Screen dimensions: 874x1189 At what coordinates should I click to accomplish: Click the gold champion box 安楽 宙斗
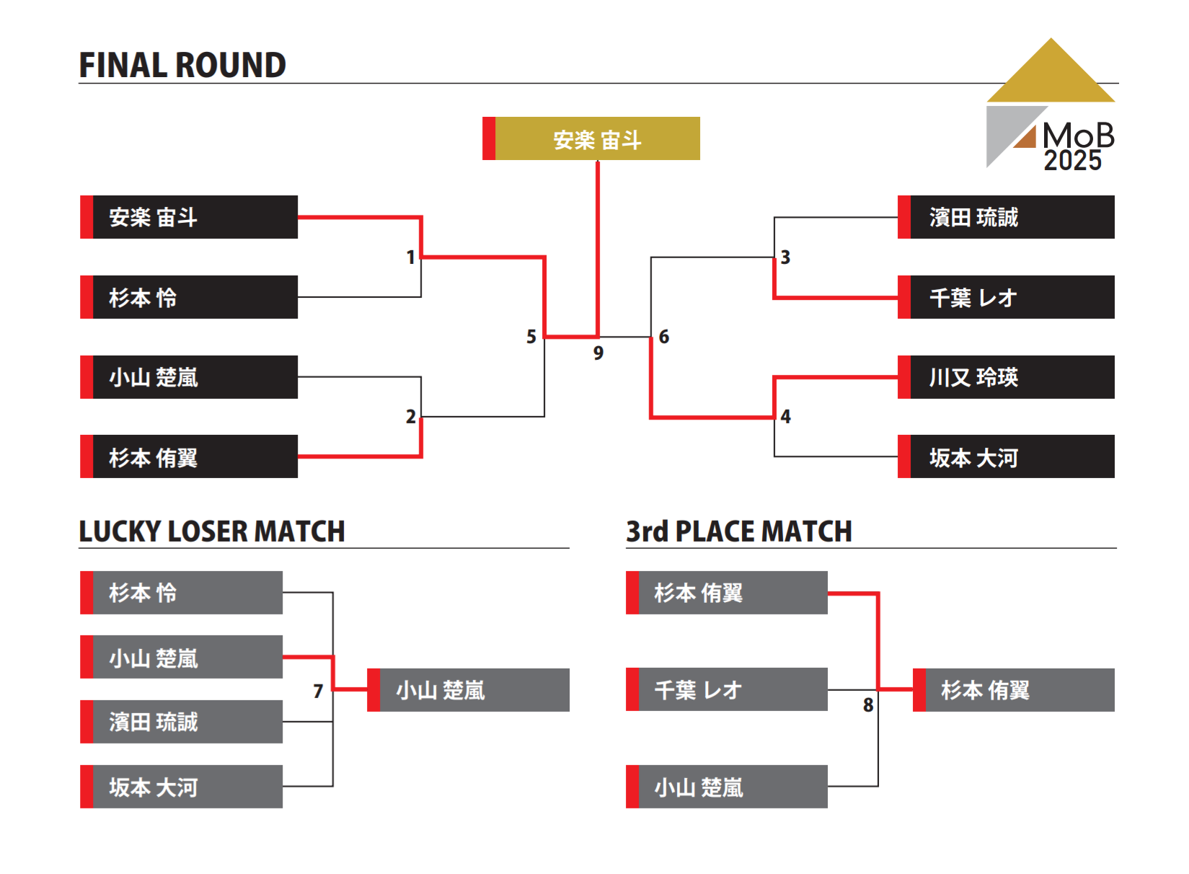591,138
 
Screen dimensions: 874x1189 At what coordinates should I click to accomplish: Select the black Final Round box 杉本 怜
189,297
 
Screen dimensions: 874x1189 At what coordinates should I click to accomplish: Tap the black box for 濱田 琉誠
1006,217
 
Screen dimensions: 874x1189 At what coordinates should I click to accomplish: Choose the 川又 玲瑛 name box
1006,377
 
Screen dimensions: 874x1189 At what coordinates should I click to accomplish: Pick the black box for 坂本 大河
1006,456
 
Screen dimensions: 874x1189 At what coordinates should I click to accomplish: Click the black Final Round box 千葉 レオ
1006,297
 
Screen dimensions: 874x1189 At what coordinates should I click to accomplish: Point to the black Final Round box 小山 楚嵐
189,377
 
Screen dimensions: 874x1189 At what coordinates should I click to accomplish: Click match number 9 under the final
598,353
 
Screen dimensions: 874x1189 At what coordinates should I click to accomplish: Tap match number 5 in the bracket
531,337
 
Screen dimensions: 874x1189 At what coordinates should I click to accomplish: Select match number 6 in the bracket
664,337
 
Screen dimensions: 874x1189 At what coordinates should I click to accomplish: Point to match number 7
318,692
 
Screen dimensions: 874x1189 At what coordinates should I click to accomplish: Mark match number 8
868,705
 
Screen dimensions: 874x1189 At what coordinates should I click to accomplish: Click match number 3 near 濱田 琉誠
785,257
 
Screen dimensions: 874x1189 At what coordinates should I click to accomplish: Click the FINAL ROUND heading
182,66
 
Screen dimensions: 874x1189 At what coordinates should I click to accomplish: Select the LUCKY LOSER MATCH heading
212,531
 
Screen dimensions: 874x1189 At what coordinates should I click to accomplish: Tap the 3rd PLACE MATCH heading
739,531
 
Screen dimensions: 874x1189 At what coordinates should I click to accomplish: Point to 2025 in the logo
1073,161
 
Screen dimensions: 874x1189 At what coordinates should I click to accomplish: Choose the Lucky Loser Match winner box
469,690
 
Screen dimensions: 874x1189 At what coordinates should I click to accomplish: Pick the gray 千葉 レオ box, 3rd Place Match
727,689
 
